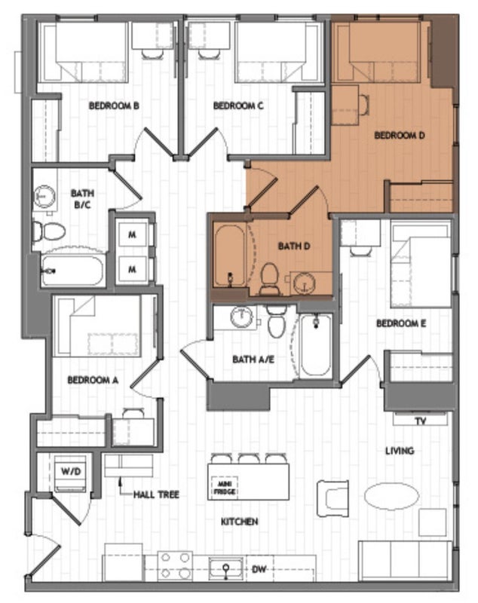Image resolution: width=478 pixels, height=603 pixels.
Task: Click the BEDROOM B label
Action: tap(114, 106)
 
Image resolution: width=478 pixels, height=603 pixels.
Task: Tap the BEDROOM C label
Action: tap(238, 106)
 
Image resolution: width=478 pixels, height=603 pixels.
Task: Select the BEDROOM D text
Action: tap(400, 136)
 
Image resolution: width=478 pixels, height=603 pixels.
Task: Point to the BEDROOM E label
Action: tap(401, 323)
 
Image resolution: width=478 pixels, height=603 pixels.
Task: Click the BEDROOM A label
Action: tap(93, 380)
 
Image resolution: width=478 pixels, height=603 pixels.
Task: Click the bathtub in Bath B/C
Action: tap(73, 271)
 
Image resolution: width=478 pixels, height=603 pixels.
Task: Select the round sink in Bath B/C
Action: tap(44, 196)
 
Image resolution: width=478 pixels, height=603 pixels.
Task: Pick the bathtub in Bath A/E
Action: tap(315, 345)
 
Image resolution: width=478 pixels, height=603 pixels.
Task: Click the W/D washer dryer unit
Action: tap(71, 473)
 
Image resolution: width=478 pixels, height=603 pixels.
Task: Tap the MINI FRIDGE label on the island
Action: tap(225, 488)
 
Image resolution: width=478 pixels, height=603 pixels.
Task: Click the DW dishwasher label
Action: tap(259, 569)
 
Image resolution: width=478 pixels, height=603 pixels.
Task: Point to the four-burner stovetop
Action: tap(175, 565)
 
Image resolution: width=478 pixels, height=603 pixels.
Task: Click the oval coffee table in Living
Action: tap(391, 496)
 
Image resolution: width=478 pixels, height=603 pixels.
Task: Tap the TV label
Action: tap(421, 421)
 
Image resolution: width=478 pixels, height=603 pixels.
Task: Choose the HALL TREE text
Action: tap(156, 494)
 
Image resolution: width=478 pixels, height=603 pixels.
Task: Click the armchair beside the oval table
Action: tap(332, 498)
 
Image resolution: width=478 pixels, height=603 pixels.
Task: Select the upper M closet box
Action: tap(132, 234)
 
